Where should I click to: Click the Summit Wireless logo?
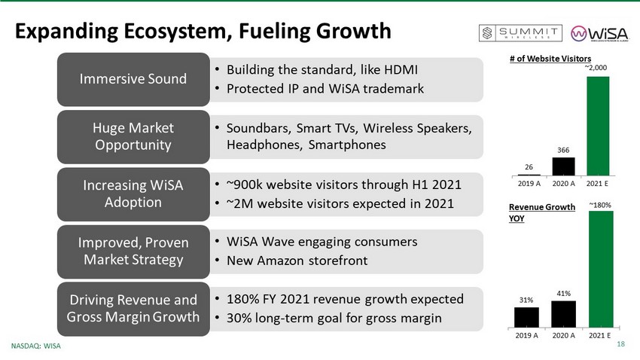520,33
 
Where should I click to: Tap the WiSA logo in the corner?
599,33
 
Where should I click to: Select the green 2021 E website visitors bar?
598,126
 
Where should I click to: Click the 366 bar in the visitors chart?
563,166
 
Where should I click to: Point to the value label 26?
529,167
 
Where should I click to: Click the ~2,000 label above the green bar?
596,67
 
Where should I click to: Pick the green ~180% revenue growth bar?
601,269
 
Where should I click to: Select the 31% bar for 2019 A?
526,317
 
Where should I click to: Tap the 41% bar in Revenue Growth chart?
563,314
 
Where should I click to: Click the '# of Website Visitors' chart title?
550,59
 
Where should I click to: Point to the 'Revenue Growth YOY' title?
541,212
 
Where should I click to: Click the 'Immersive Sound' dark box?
133,79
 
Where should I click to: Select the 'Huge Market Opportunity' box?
133,137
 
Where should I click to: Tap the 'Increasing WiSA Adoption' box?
133,194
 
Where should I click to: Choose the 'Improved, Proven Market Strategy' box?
133,252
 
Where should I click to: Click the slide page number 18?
621,344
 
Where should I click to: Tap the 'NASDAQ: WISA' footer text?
36,346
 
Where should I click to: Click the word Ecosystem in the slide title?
178,32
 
